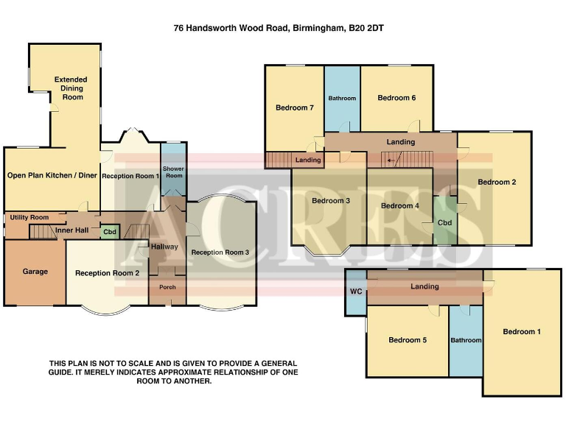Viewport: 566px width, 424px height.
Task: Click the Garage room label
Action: click(x=35, y=272)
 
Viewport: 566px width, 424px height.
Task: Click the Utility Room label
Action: click(x=29, y=218)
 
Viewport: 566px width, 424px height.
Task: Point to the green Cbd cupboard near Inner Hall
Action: click(x=110, y=232)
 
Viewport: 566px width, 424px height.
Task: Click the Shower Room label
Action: click(x=174, y=172)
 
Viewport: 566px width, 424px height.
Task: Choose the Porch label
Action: click(x=167, y=287)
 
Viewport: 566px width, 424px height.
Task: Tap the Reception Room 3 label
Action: click(x=220, y=252)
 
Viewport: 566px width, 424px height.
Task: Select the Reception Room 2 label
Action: click(x=107, y=273)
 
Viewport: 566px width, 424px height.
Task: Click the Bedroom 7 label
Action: click(x=295, y=108)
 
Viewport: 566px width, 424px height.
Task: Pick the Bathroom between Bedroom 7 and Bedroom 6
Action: click(x=342, y=99)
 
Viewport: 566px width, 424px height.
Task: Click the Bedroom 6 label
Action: click(x=396, y=98)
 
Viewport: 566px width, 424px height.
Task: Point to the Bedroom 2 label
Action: click(x=496, y=182)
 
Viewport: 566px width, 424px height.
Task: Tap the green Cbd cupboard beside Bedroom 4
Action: click(x=444, y=222)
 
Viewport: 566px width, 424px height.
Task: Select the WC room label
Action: click(x=355, y=291)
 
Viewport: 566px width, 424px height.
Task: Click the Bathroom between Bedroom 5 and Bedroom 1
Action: click(x=466, y=340)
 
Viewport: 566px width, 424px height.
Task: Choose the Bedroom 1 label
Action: click(x=522, y=332)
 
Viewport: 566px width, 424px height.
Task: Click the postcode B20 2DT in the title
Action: click(x=366, y=29)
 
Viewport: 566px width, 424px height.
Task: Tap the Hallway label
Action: click(x=164, y=247)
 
